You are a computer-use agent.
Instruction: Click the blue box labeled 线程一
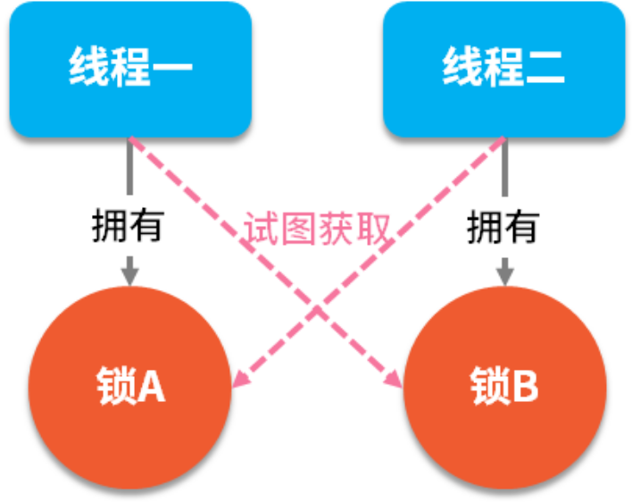[x=130, y=69]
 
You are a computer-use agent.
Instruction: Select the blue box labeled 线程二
[x=503, y=69]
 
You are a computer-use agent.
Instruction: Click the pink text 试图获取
[x=317, y=230]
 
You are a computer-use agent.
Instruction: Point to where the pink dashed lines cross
[x=317, y=308]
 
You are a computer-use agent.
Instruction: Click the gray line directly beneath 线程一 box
[x=129, y=170]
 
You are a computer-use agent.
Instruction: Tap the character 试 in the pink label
[x=259, y=230]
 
